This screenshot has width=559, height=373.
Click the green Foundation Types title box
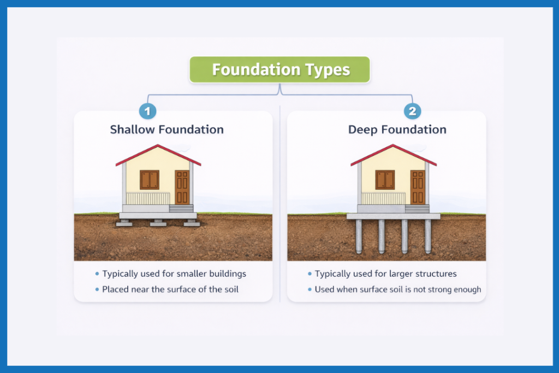(280, 70)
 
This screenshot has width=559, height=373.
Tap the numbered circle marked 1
(147, 112)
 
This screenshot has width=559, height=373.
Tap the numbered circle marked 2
(412, 112)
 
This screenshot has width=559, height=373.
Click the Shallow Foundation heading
(166, 130)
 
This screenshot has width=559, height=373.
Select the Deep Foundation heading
(397, 130)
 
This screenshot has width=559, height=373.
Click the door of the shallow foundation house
(182, 187)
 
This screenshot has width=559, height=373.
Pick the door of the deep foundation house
(418, 187)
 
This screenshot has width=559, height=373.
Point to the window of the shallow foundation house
(150, 179)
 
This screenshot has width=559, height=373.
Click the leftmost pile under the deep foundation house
(359, 236)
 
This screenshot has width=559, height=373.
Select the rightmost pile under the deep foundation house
(428, 236)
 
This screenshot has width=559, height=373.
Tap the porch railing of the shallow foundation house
(148, 198)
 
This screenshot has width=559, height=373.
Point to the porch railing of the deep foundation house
(384, 198)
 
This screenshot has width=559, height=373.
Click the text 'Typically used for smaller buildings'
(174, 273)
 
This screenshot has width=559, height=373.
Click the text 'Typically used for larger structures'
(385, 273)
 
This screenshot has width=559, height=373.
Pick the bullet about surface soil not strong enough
(397, 289)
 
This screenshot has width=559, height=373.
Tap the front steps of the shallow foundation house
(181, 208)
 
